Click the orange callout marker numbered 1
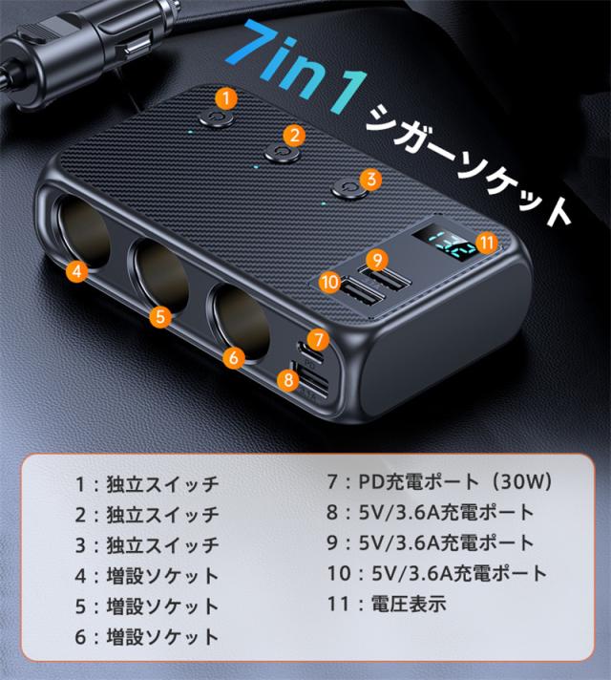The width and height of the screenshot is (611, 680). tap(225, 99)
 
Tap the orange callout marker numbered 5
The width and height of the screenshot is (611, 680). tap(161, 316)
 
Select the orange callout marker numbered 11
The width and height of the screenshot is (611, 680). tap(487, 243)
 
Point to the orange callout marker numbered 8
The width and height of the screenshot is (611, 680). tap(288, 380)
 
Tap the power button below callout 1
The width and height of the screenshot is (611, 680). tap(217, 118)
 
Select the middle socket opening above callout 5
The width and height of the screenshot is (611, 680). tap(159, 274)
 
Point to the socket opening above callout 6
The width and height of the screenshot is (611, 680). tap(240, 322)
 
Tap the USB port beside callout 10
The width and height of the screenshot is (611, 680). tap(363, 297)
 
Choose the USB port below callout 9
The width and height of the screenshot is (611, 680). tap(388, 281)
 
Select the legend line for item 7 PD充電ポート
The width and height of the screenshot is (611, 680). tap(439, 481)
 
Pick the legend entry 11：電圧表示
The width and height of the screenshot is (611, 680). tap(387, 604)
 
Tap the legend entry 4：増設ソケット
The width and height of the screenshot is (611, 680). tap(147, 576)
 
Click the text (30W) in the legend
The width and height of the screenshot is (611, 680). tap(520, 481)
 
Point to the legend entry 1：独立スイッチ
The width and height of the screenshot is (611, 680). tap(147, 484)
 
